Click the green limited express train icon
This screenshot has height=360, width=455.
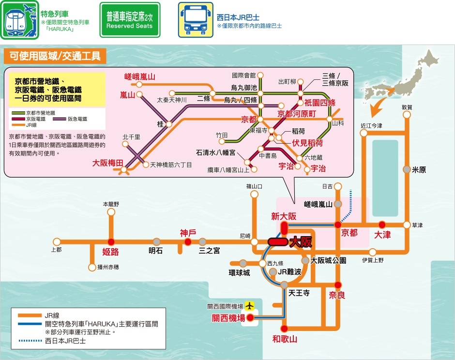[x=19, y=20]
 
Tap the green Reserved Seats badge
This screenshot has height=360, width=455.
[x=129, y=20]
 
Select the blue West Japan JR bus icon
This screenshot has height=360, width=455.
[x=195, y=20]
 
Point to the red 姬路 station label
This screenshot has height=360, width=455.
[x=111, y=252]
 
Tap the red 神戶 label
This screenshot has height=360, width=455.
[x=188, y=232]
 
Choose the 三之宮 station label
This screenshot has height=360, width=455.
[x=210, y=251]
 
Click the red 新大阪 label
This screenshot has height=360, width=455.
[x=284, y=216]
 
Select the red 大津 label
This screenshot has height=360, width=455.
[x=382, y=235]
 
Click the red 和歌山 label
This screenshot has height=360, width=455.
[x=285, y=339]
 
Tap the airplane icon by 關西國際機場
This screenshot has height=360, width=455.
[x=249, y=306]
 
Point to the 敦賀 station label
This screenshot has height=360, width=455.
[x=407, y=107]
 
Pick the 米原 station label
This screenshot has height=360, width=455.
[x=419, y=170]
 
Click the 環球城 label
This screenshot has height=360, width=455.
[x=240, y=273]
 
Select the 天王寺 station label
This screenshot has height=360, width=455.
[x=299, y=293]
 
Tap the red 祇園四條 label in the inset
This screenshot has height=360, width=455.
[x=319, y=103]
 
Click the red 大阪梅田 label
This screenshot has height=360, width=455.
[x=108, y=163]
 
